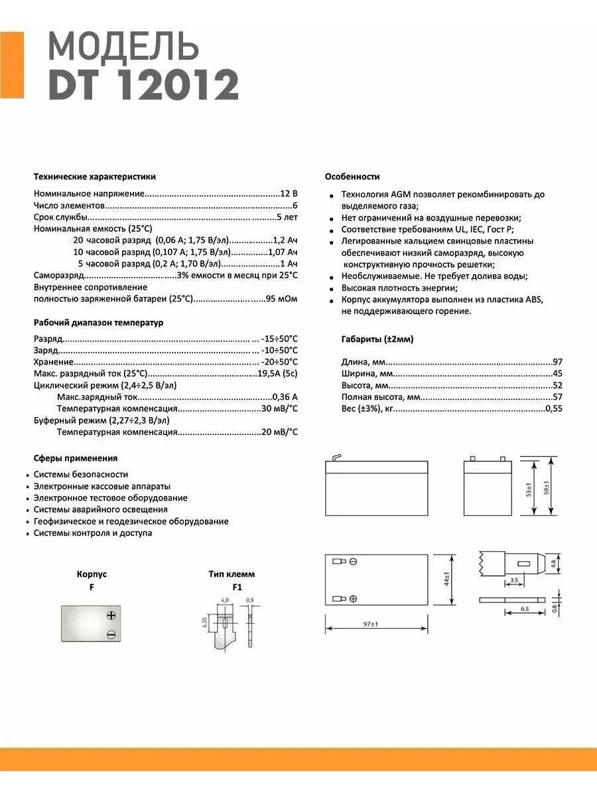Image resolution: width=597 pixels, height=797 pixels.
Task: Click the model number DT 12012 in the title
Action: [143, 85]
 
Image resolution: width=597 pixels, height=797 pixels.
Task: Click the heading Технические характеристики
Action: [95, 177]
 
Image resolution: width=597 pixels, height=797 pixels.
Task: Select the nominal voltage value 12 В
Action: [289, 193]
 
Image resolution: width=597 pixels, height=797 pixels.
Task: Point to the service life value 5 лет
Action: [287, 217]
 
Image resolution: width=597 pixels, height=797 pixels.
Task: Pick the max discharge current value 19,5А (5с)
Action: [277, 374]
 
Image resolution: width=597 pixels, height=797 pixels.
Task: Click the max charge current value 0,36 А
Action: [285, 397]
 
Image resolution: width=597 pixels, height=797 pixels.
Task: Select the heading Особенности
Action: [352, 177]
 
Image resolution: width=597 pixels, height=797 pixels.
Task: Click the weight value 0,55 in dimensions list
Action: [553, 409]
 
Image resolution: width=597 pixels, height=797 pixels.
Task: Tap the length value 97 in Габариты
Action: [557, 362]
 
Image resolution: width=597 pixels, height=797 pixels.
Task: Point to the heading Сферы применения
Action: [76, 458]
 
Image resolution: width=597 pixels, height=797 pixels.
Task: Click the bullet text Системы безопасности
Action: [81, 474]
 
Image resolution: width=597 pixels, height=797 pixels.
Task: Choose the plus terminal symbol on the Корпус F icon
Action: [111, 616]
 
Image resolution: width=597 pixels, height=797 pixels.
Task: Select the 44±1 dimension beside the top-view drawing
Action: [447, 578]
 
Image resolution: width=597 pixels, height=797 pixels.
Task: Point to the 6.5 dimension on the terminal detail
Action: [524, 609]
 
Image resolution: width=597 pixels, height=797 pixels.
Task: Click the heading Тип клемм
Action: [232, 574]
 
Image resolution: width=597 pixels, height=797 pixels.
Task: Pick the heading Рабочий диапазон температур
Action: [98, 323]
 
